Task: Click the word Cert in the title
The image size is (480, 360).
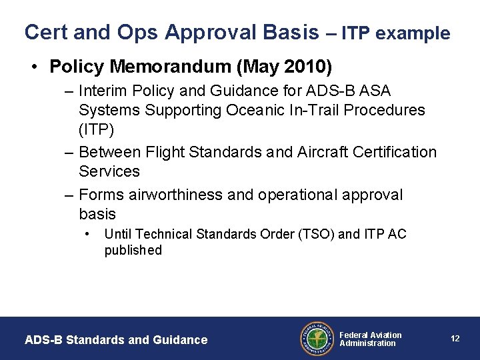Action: click(x=43, y=32)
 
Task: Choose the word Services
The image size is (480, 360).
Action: click(x=109, y=171)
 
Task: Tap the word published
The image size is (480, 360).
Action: click(x=133, y=250)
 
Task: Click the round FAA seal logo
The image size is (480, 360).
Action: click(x=317, y=339)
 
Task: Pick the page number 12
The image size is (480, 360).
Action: click(x=455, y=339)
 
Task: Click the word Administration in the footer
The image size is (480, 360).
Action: click(x=367, y=343)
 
